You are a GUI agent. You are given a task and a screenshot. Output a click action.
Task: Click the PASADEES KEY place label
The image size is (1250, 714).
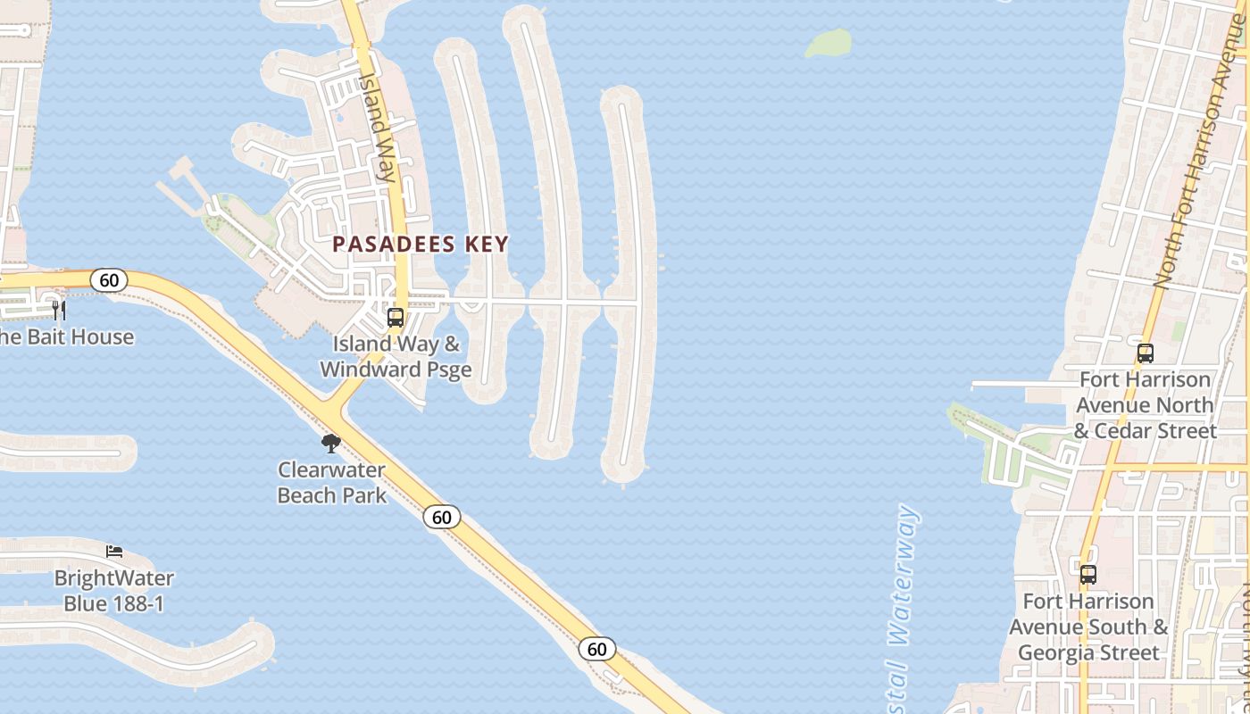(x=421, y=245)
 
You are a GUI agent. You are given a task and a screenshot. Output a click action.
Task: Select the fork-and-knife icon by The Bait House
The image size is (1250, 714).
(x=59, y=310)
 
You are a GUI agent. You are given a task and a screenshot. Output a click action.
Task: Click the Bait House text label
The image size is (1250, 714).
(x=67, y=336)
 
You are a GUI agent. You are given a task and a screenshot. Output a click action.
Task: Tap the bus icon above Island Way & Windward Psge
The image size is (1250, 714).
(x=395, y=317)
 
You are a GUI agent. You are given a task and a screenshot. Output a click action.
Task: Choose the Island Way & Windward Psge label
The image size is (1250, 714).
(x=396, y=356)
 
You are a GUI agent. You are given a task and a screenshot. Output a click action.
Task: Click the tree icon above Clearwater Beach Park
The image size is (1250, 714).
(x=331, y=443)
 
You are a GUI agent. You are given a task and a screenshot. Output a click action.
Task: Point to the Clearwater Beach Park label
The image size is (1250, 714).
(x=332, y=482)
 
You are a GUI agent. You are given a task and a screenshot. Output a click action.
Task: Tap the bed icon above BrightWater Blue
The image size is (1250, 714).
(x=114, y=551)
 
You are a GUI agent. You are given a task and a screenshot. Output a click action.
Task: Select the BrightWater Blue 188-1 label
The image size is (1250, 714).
(x=114, y=591)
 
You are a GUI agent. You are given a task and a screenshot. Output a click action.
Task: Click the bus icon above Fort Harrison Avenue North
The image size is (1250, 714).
(x=1146, y=353)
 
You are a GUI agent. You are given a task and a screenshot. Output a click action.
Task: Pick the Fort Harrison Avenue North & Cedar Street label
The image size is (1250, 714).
(x=1146, y=405)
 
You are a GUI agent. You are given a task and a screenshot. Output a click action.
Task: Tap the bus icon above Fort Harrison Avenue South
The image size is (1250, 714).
(x=1087, y=574)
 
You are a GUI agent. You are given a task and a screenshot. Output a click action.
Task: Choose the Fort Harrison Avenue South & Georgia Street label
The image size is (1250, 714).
(x=1088, y=627)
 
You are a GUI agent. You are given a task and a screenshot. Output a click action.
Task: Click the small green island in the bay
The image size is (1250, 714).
(x=829, y=42)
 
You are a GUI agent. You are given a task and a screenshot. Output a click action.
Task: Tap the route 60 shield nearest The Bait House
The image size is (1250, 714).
(x=109, y=280)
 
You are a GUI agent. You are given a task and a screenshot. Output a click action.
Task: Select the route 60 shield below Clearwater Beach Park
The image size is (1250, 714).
(x=442, y=517)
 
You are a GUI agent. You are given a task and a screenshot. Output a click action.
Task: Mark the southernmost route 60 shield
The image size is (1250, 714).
(x=596, y=649)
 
